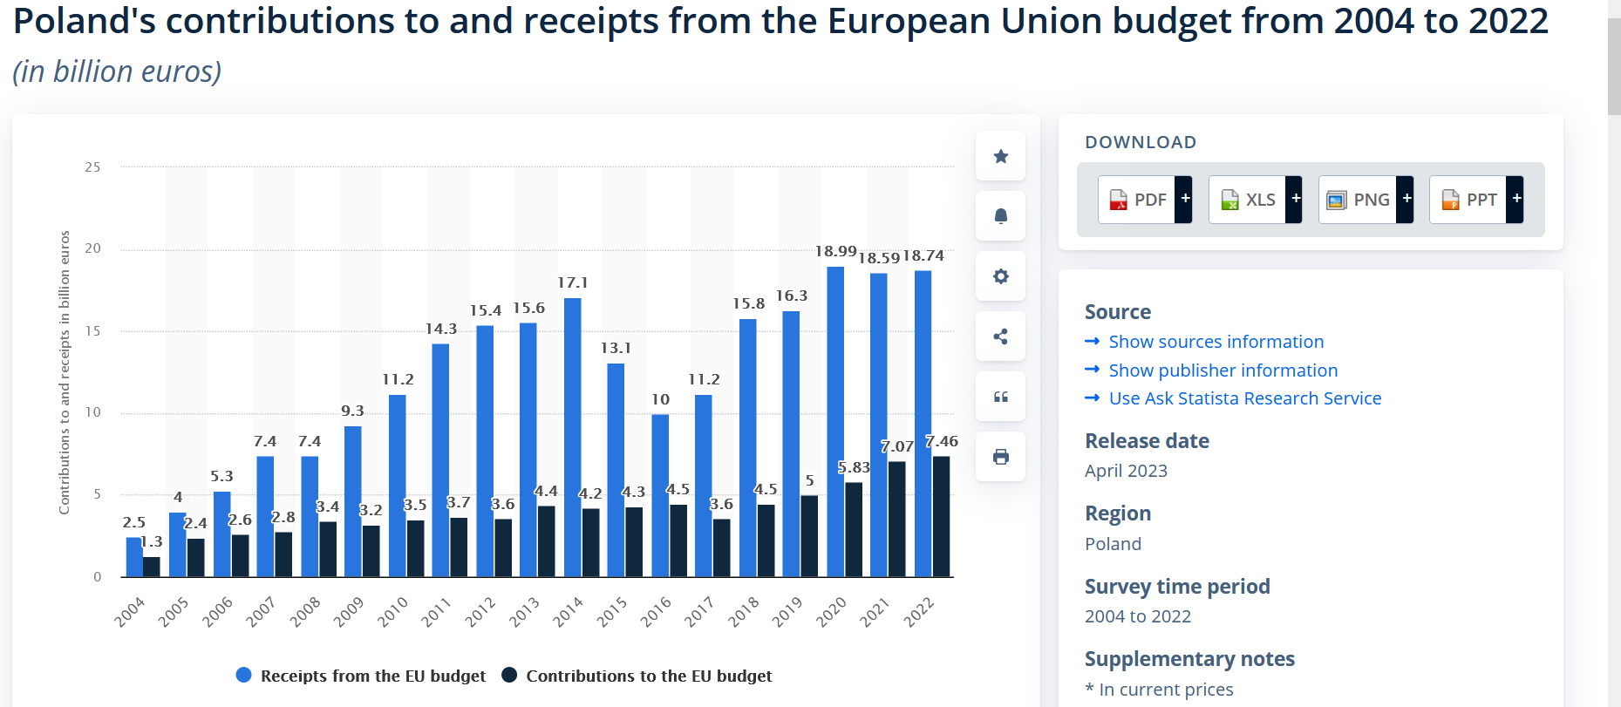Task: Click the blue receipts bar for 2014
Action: [572, 436]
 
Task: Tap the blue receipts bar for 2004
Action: [133, 557]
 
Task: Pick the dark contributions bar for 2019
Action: [809, 536]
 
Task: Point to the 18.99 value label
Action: [835, 252]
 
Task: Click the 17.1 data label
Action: [572, 283]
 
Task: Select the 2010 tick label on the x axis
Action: [392, 612]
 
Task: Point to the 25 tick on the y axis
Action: [92, 167]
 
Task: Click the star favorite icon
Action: [1000, 156]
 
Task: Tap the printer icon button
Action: [1000, 457]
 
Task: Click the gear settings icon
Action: [1000, 276]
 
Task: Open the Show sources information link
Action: [1216, 342]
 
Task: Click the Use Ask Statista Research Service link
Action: [1244, 398]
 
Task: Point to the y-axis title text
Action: [65, 372]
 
